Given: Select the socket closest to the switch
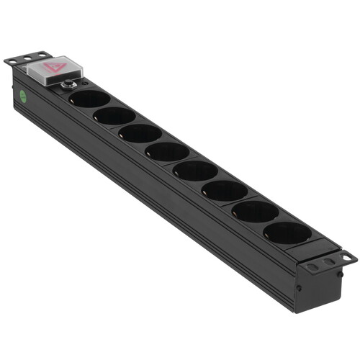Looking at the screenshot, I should tap(90, 99).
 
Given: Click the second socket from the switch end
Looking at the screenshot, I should tap(114, 115).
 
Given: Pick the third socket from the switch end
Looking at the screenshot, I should tap(140, 133).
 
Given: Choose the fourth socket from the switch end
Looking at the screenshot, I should tap(167, 151).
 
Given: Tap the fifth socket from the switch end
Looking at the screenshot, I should tap(195, 170).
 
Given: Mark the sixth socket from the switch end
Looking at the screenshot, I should tap(225, 190).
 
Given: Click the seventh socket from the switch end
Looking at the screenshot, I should tap(254, 210).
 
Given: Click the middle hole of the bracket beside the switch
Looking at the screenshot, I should tap(22, 58).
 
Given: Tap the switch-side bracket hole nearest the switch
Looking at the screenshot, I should tap(32, 55).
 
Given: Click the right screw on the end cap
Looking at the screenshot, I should tap(338, 274).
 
